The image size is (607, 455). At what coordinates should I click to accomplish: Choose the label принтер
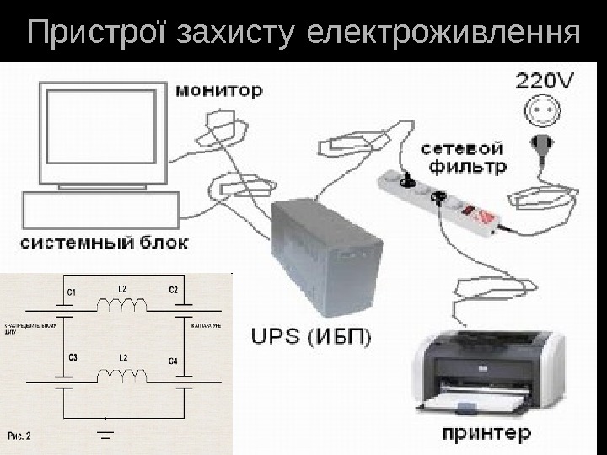click(486, 436)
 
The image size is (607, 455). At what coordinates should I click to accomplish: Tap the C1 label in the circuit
click(72, 292)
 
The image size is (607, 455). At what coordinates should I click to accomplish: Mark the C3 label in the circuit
click(73, 356)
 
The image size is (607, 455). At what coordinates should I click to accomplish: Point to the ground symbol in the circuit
click(105, 431)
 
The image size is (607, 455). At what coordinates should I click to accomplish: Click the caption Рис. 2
click(20, 436)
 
